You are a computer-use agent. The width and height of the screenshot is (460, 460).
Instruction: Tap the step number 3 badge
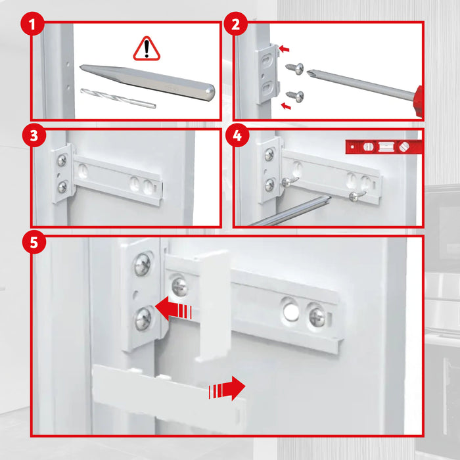(32, 136)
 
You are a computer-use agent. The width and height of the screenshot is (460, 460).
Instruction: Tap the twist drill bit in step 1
(118, 98)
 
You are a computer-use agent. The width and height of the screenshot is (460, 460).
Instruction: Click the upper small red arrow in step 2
(283, 49)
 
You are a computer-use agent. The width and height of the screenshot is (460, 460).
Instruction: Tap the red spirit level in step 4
(382, 147)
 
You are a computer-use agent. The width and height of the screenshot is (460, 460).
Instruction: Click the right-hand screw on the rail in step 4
(356, 195)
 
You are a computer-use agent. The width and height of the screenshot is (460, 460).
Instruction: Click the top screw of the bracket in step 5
(143, 265)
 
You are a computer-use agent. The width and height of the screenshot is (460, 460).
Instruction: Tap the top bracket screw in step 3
(62, 160)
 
